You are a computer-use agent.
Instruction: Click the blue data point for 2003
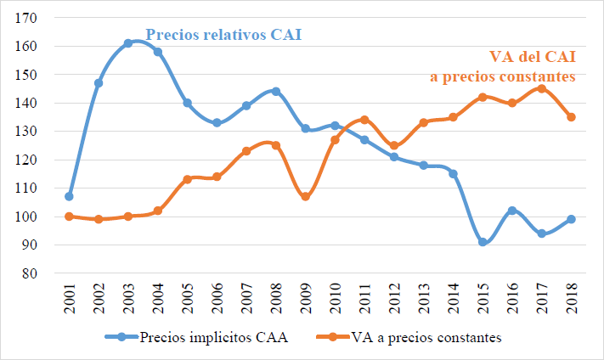pyautogui.click(x=127, y=43)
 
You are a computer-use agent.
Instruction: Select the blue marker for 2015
pyautogui.click(x=483, y=242)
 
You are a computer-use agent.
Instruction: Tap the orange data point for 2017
pyautogui.click(x=541, y=88)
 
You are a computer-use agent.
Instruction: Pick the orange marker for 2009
pyautogui.click(x=305, y=196)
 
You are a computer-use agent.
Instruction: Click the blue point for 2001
pyautogui.click(x=69, y=196)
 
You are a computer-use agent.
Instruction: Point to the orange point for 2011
pyautogui.click(x=364, y=120)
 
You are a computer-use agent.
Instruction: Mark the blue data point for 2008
pyautogui.click(x=275, y=92)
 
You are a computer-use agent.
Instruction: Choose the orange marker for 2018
pyautogui.click(x=571, y=117)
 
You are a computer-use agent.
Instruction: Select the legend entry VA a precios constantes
pyautogui.click(x=416, y=337)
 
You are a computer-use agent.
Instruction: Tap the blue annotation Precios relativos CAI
pyautogui.click(x=223, y=36)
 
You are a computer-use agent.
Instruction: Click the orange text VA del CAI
pyautogui.click(x=533, y=57)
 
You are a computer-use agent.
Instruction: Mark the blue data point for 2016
pyautogui.click(x=511, y=211)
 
